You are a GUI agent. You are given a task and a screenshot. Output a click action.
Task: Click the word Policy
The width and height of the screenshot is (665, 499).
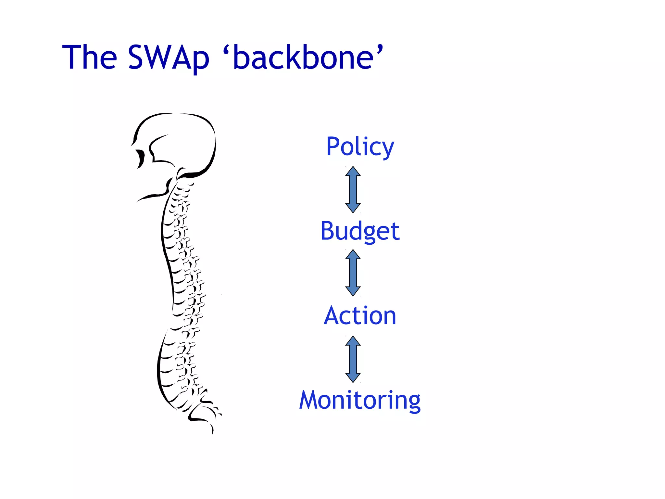360,147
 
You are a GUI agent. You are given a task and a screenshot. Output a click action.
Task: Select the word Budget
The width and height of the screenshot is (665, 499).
360,231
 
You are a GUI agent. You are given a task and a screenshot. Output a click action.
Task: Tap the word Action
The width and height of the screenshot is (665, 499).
360,316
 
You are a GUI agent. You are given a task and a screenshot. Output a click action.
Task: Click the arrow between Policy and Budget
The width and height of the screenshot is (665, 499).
353,190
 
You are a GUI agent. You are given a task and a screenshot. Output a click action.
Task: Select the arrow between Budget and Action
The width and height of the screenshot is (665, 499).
353,273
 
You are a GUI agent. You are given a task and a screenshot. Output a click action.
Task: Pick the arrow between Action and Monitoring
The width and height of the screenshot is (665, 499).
353,359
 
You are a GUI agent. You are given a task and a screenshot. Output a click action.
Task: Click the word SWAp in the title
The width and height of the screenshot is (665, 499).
169,58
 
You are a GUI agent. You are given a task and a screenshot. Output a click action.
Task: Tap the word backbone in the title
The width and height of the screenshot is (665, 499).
303,58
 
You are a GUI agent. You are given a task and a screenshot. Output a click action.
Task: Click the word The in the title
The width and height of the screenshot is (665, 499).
90,58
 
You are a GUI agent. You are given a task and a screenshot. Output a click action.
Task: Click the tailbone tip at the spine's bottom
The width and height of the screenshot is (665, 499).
212,431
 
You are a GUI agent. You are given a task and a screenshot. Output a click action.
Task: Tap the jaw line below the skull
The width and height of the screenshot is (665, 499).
153,196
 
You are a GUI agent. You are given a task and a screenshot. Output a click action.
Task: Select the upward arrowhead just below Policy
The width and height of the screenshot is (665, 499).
353,172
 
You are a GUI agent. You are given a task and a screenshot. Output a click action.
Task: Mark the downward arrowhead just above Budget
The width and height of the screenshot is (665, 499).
353,208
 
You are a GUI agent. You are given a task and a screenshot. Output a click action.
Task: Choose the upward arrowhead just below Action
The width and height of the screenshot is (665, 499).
353,341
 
